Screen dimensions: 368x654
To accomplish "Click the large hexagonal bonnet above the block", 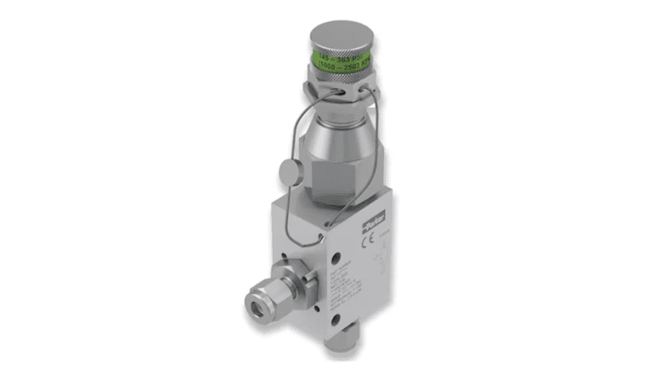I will pyautogui.click(x=337, y=164).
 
